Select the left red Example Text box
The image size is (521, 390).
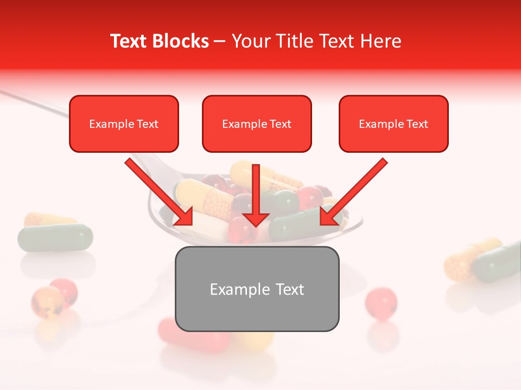[x=124, y=124]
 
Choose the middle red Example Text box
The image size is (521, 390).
[x=257, y=124]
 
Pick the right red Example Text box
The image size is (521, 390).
[x=393, y=124]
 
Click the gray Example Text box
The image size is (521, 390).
[x=257, y=289]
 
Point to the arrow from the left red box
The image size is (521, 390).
[x=158, y=192]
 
